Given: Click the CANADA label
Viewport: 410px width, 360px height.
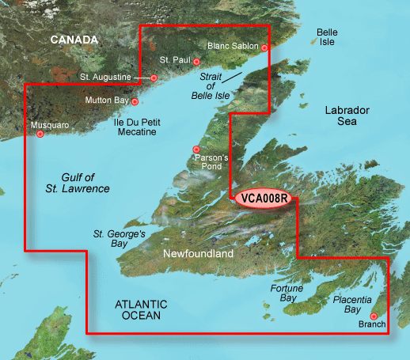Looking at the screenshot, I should click(x=74, y=40).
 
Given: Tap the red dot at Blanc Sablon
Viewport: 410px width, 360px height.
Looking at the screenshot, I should click(x=265, y=48).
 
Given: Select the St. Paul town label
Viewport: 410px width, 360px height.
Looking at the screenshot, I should click(x=174, y=60).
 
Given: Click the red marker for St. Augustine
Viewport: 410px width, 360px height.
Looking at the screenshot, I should click(x=154, y=78).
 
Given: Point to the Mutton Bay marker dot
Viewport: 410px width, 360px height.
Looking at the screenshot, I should click(x=135, y=101).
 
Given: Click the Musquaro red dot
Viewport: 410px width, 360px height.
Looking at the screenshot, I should click(x=40, y=134).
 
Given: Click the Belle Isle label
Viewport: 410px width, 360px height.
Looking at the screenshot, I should click(x=327, y=37).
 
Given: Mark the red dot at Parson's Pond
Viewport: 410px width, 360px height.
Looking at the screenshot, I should click(x=196, y=150).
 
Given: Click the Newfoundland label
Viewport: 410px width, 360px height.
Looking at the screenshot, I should click(x=198, y=254).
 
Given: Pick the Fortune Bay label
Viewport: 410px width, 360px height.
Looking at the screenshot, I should click(x=287, y=293).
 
